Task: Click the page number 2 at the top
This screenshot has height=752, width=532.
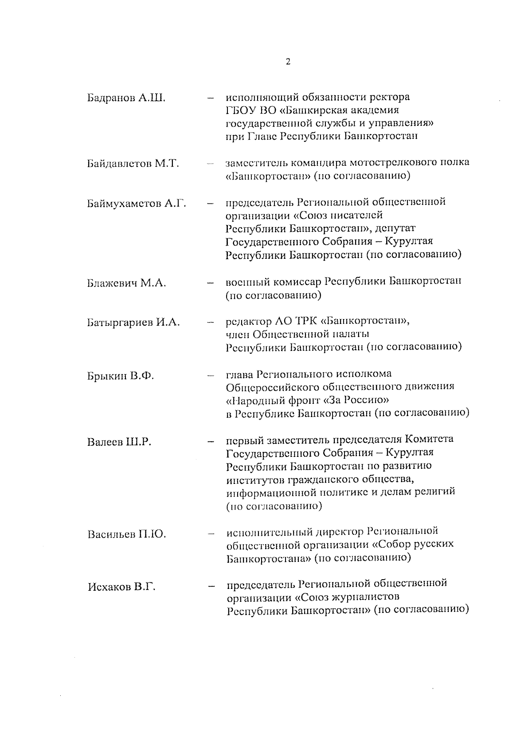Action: click(288, 62)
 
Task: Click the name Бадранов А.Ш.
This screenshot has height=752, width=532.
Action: click(126, 98)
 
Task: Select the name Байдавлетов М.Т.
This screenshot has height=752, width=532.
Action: click(133, 164)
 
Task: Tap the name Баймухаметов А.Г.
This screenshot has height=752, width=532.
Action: click(136, 204)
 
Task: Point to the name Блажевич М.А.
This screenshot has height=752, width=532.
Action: click(126, 283)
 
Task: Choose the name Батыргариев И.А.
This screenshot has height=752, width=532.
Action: click(133, 323)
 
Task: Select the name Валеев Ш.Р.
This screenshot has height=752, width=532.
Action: click(119, 442)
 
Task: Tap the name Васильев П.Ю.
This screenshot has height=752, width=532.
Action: click(126, 534)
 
